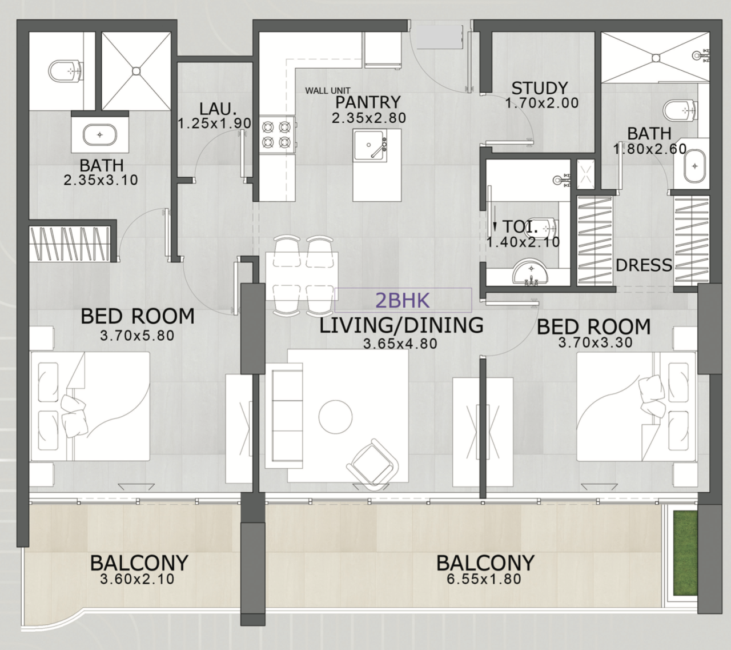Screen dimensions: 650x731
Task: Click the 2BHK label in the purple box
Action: pos(403,300)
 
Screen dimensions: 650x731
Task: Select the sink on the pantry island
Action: pos(369,146)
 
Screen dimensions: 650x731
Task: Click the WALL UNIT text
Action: pos(327,90)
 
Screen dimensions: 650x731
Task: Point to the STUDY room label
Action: pos(539,88)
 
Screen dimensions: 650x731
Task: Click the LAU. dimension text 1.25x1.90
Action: pos(214,123)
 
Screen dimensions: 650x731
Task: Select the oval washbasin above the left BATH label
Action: pos(99,135)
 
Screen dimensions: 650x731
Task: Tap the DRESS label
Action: pos(644,265)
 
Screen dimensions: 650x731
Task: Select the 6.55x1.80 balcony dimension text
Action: pos(484,579)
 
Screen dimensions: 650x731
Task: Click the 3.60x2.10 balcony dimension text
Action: pos(137,579)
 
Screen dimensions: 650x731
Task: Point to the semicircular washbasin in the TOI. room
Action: pos(531,273)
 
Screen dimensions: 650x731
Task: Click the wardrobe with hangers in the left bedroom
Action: pos(69,243)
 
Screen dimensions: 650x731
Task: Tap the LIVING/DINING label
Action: pos(401,325)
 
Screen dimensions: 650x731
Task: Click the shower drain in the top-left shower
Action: pos(136,71)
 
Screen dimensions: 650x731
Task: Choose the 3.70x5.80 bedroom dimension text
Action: pos(137,336)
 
